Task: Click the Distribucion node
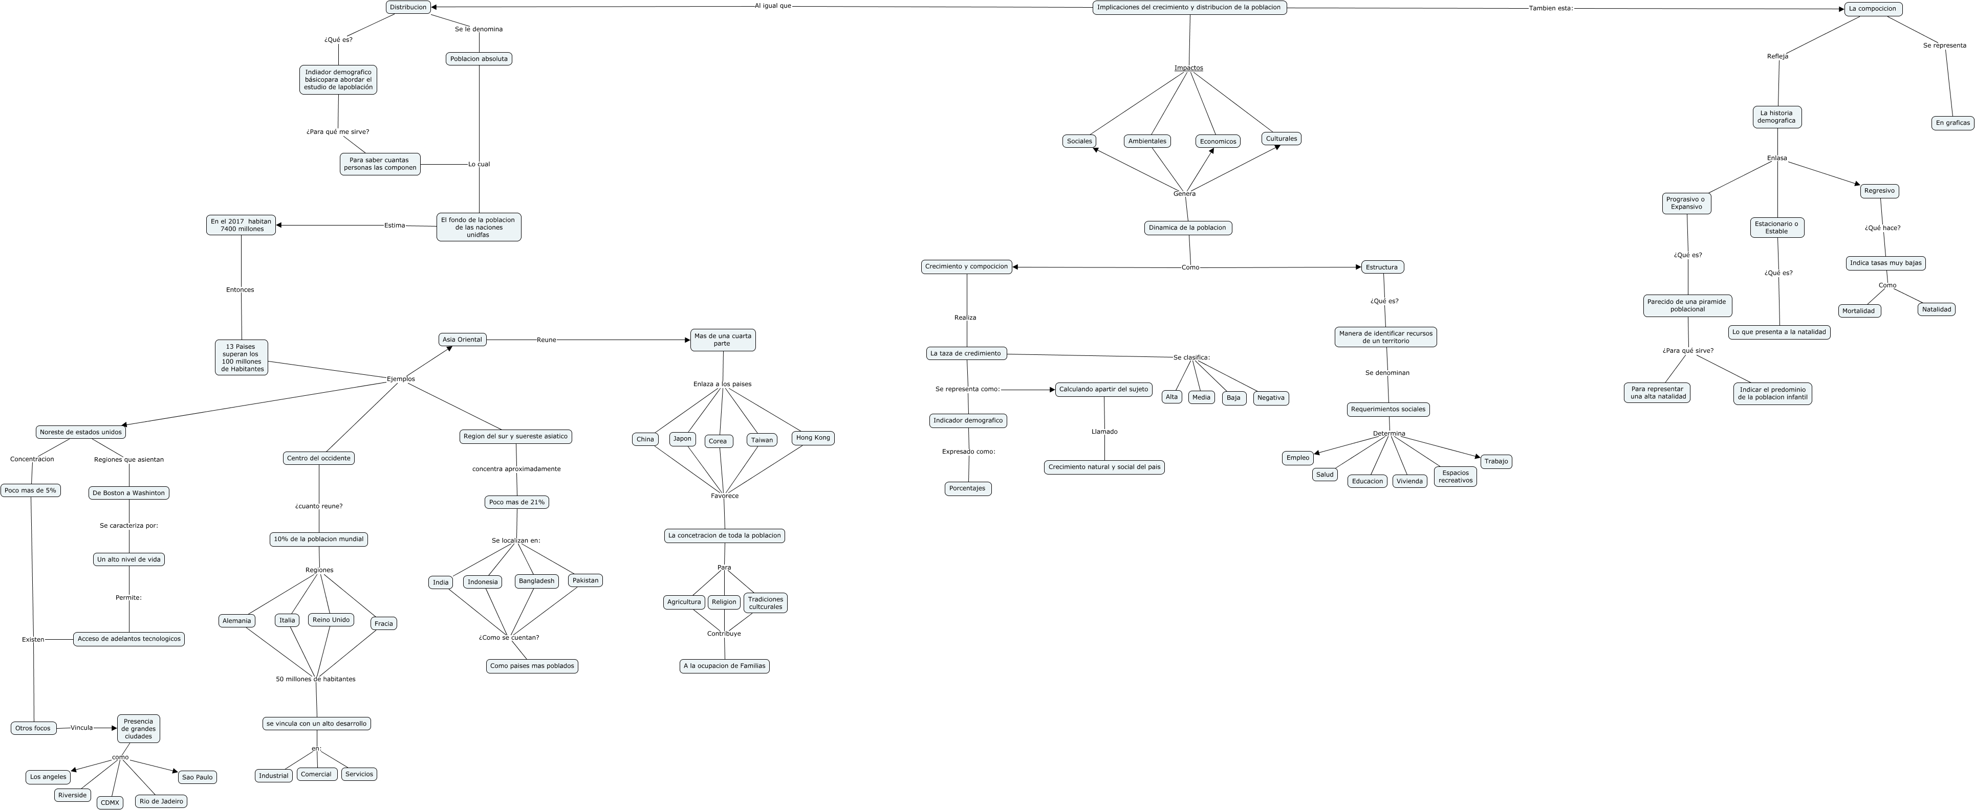point(408,7)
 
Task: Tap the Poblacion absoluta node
point(479,59)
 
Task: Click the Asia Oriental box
point(462,340)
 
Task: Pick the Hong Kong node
point(813,438)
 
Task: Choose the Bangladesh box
point(536,581)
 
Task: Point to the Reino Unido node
point(331,620)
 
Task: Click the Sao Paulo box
point(197,777)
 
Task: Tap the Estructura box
point(1382,267)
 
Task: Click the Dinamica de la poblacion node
point(1187,228)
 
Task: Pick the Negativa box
point(1270,398)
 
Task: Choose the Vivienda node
point(1409,481)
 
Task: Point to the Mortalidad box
point(1858,311)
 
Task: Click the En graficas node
point(1952,123)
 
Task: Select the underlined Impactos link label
point(1188,68)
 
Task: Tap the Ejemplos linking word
point(400,378)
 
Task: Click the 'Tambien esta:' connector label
point(1550,8)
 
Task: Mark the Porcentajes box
point(968,488)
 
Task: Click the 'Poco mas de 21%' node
point(517,502)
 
